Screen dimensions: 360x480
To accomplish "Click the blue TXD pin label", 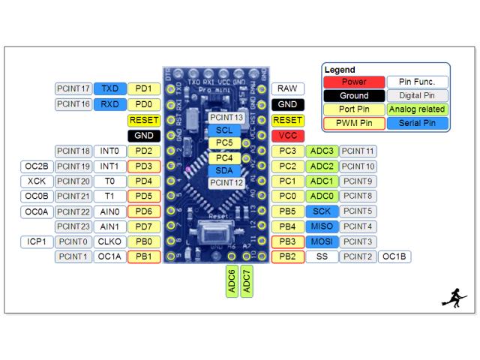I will pyautogui.click(x=110, y=88).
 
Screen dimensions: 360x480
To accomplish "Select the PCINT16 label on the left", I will pyautogui.click(x=73, y=104).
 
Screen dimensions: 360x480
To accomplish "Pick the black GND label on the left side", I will pyautogui.click(x=142, y=136).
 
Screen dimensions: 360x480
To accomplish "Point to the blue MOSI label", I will pyautogui.click(x=322, y=241).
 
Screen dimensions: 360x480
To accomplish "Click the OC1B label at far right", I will pyautogui.click(x=394, y=257).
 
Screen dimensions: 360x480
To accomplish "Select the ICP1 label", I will pyautogui.click(x=37, y=241).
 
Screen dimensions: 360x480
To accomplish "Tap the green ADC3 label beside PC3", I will pyautogui.click(x=322, y=151).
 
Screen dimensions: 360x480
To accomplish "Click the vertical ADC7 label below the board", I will pyautogui.click(x=247, y=280).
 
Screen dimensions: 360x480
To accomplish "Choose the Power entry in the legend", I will pyautogui.click(x=354, y=82).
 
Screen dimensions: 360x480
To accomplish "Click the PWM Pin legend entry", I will pyautogui.click(x=354, y=123).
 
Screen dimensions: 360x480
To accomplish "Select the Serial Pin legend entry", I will pyautogui.click(x=418, y=123).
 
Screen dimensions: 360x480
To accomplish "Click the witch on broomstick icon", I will pyautogui.click(x=454, y=297).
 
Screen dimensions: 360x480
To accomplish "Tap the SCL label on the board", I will pyautogui.click(x=224, y=130).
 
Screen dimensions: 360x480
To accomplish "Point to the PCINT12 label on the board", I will pyautogui.click(x=226, y=182).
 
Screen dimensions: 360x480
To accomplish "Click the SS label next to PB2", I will pyautogui.click(x=322, y=257).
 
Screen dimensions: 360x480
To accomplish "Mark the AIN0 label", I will pyautogui.click(x=110, y=211).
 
